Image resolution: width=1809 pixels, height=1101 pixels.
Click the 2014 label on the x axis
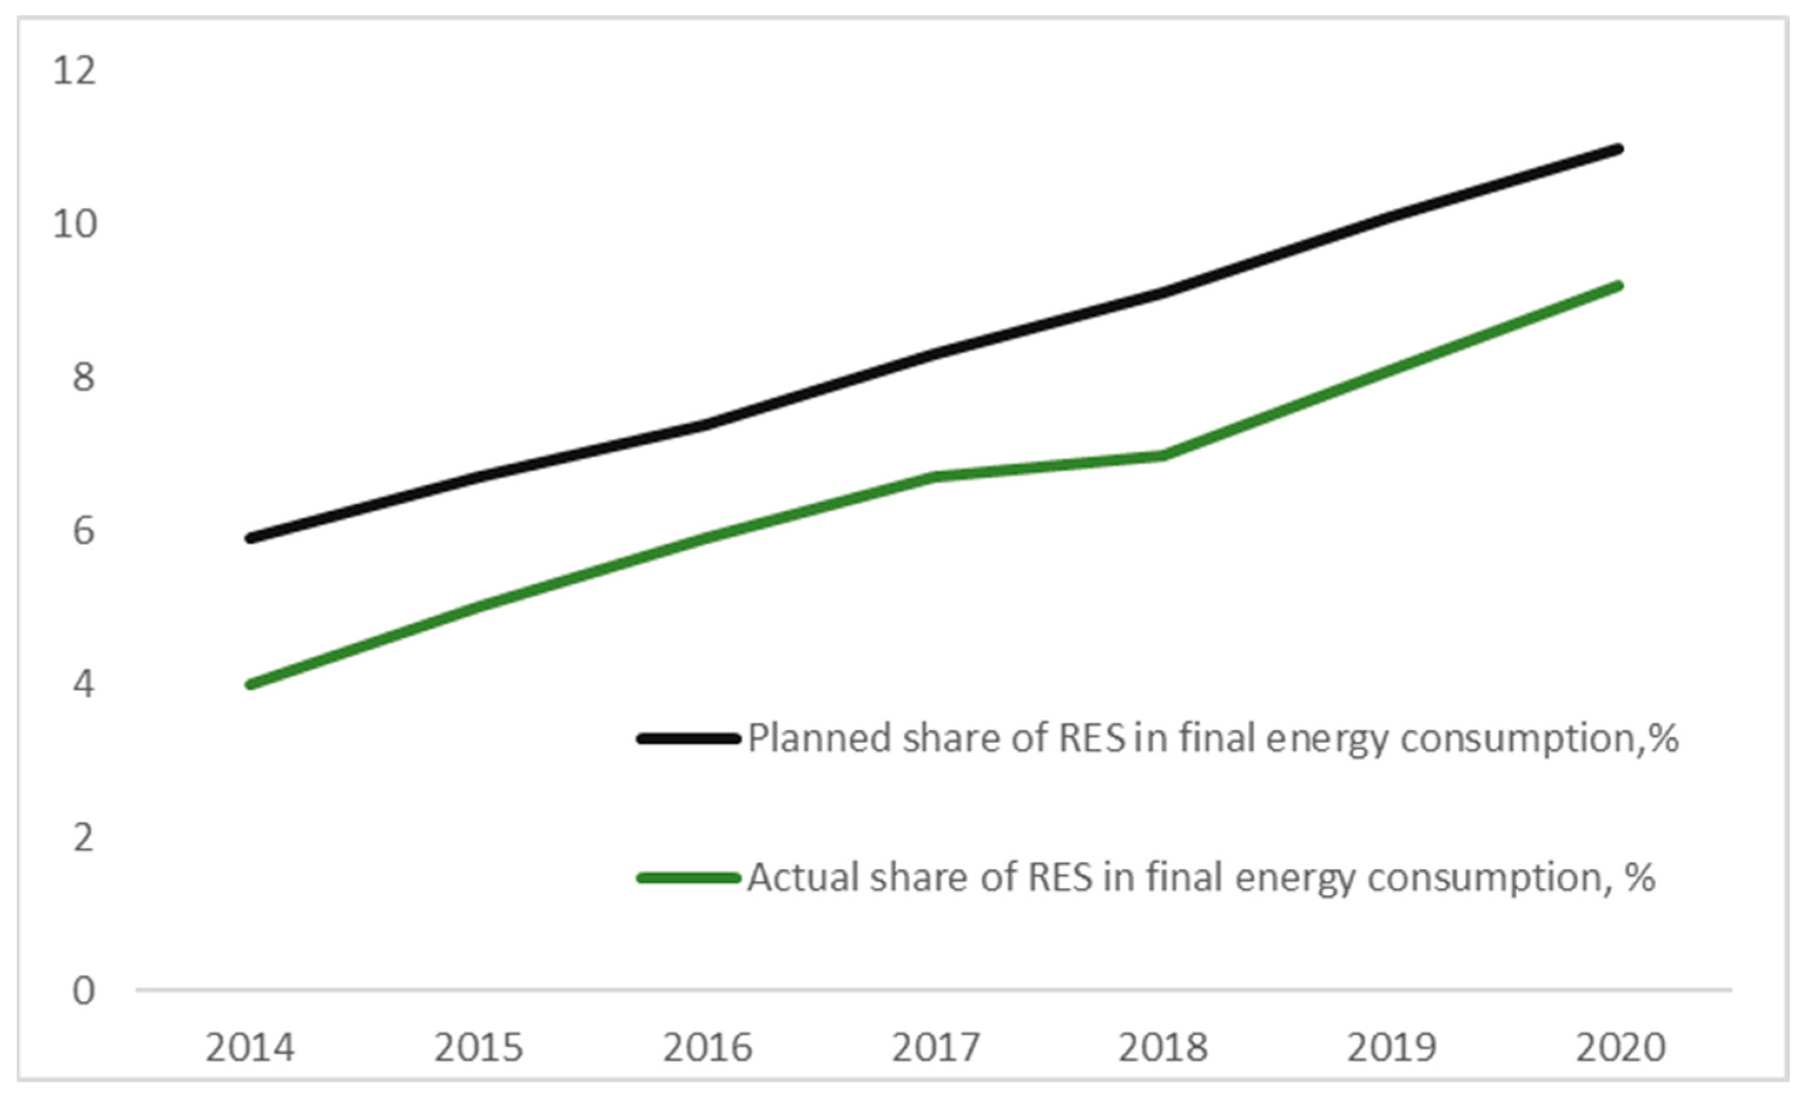pyautogui.click(x=250, y=1047)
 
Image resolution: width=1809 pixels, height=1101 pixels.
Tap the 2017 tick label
pyautogui.click(x=935, y=1047)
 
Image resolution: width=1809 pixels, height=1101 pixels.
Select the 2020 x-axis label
pyautogui.click(x=1621, y=1047)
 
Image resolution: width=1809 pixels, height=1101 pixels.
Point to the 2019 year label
pyautogui.click(x=1391, y=1047)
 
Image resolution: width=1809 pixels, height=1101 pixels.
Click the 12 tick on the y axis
pyautogui.click(x=74, y=71)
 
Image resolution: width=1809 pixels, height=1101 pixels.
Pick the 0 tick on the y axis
pyautogui.click(x=83, y=991)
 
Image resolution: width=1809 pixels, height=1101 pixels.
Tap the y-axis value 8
pyautogui.click(x=83, y=378)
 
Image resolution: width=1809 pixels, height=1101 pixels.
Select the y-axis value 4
pyautogui.click(x=83, y=685)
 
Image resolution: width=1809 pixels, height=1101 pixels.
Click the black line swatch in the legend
pyautogui.click(x=688, y=739)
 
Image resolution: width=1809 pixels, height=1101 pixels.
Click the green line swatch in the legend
pyautogui.click(x=688, y=878)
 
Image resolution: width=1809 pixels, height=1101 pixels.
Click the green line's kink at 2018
pyautogui.click(x=1163, y=456)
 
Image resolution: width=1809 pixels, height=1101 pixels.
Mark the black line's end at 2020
pyautogui.click(x=1619, y=150)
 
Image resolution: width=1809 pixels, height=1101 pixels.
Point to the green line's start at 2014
pyautogui.click(x=250, y=685)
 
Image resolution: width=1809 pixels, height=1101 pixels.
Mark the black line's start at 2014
pyautogui.click(x=250, y=538)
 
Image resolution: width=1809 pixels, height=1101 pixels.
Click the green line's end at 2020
pyautogui.click(x=1619, y=286)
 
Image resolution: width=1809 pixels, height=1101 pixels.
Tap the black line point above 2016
pyautogui.click(x=707, y=425)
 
